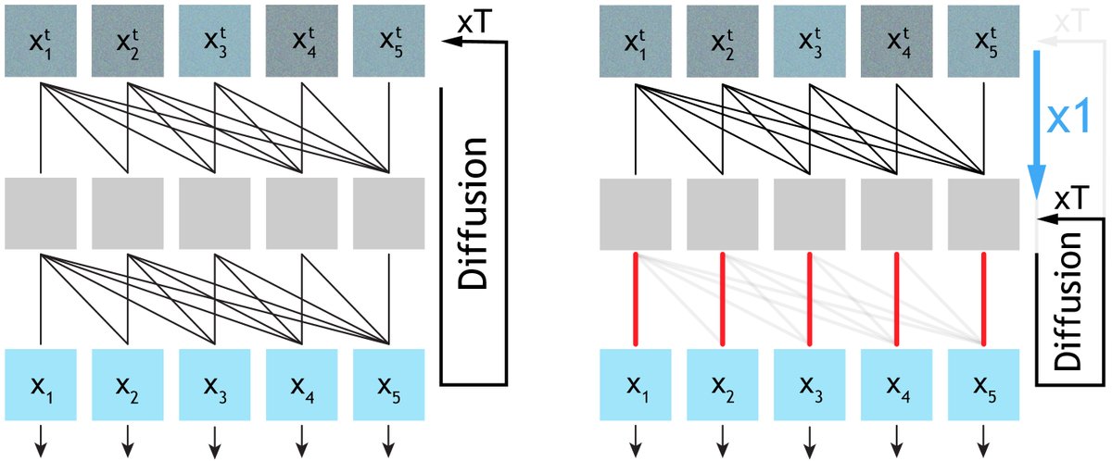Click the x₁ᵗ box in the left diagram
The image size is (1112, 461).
(41, 42)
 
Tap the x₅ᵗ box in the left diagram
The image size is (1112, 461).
(388, 42)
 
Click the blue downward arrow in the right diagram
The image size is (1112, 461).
(1037, 120)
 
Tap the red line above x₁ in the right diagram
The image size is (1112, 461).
(636, 298)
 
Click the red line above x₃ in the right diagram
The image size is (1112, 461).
(810, 298)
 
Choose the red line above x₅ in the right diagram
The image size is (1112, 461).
(983, 298)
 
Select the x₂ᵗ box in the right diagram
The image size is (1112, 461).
(723, 42)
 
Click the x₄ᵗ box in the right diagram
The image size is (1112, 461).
(896, 42)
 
